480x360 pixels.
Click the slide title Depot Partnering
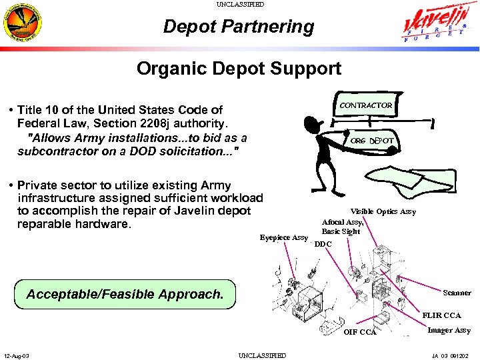click(239, 27)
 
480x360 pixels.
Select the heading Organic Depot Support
click(239, 68)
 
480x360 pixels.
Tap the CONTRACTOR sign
click(366, 105)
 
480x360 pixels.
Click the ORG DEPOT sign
click(372, 141)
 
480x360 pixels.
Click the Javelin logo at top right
click(436, 25)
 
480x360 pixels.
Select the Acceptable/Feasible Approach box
click(125, 294)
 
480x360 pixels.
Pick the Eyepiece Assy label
click(283, 237)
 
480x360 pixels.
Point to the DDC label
click(323, 244)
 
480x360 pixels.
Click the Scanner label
click(457, 293)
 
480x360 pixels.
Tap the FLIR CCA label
click(441, 315)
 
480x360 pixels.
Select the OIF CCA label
click(360, 332)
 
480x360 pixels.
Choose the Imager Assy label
click(449, 330)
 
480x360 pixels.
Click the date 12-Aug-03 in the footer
click(16, 356)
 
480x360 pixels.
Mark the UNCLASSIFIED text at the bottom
click(262, 356)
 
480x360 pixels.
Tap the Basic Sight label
click(341, 231)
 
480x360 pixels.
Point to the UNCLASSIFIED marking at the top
click(240, 4)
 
